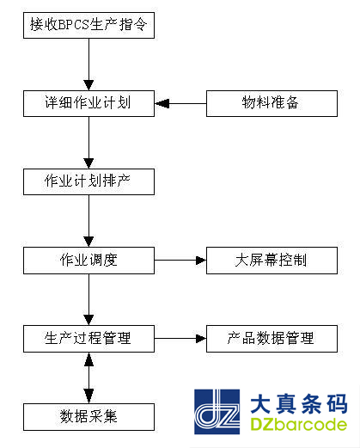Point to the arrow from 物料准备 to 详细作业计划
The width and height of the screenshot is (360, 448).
tap(181, 104)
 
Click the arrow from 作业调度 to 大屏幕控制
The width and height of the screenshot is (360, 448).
tap(180, 261)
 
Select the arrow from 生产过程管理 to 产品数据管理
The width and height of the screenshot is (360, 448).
tap(180, 338)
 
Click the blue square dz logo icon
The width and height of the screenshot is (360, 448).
tap(217, 414)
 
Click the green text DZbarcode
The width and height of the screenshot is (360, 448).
tap(298, 426)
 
